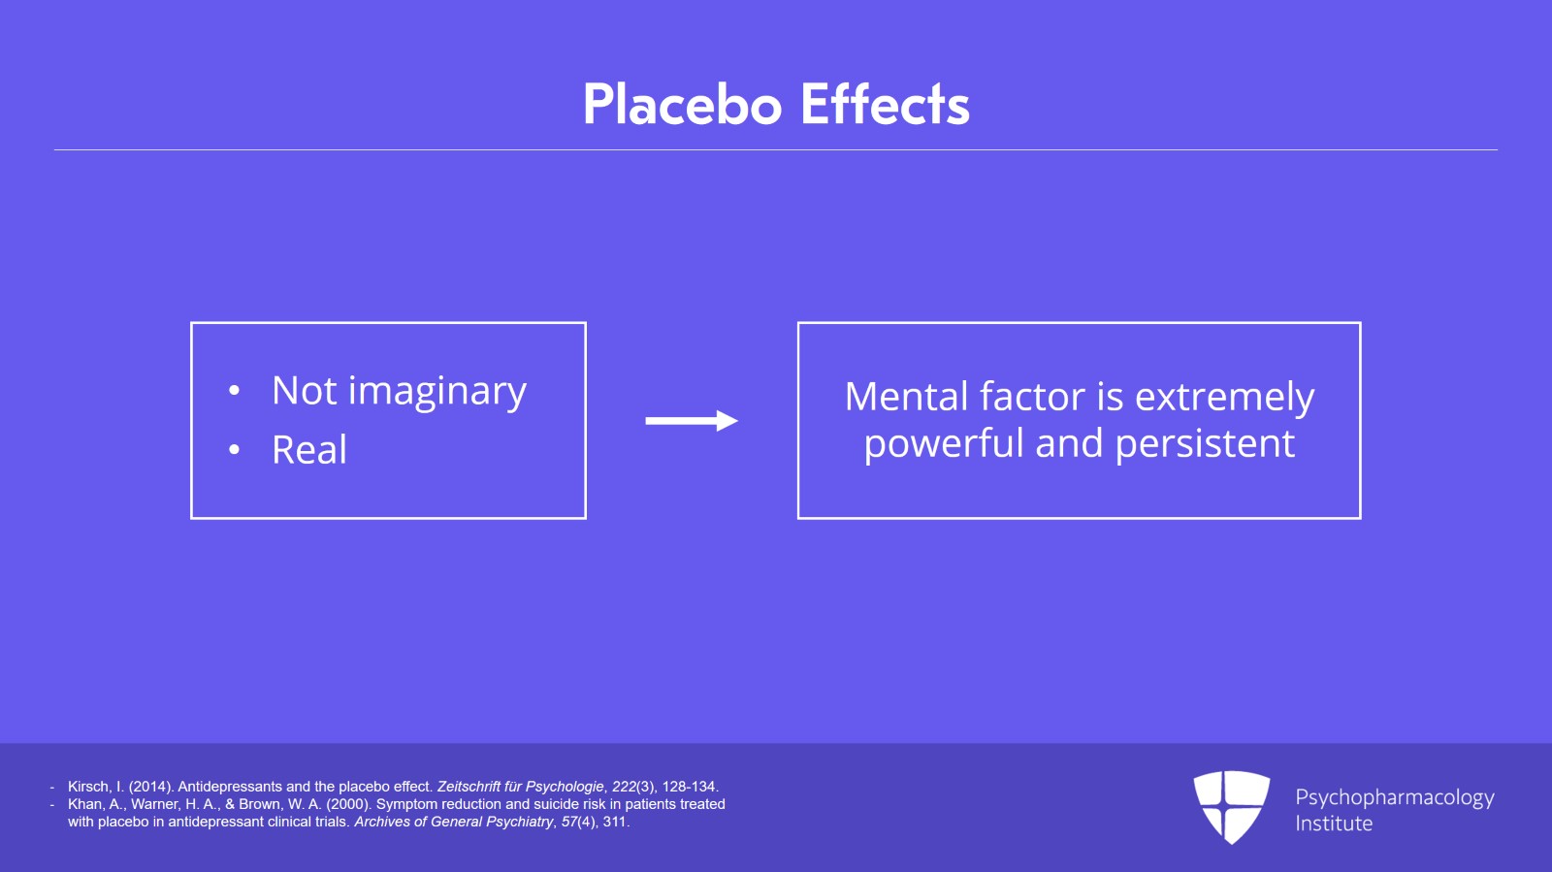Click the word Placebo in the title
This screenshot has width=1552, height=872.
[683, 105]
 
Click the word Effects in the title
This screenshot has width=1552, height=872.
[885, 105]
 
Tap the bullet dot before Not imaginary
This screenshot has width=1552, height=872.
[234, 391]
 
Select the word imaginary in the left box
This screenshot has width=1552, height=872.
[437, 392]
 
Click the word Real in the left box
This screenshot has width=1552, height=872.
[309, 449]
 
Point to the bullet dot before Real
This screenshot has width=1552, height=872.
[234, 450]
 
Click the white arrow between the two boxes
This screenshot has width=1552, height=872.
[692, 420]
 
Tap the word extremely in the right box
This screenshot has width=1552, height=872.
[1224, 398]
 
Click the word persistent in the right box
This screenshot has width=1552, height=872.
[1205, 444]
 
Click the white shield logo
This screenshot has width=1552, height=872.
[1231, 807]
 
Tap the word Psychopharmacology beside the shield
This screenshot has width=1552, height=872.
[1395, 798]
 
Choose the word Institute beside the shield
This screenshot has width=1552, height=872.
[1334, 824]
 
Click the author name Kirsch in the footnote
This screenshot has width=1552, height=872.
[90, 787]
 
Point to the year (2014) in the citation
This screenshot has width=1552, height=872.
[150, 787]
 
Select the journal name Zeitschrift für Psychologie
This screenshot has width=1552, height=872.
[520, 787]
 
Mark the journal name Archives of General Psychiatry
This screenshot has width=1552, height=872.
[454, 823]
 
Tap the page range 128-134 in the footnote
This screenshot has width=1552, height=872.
[689, 787]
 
